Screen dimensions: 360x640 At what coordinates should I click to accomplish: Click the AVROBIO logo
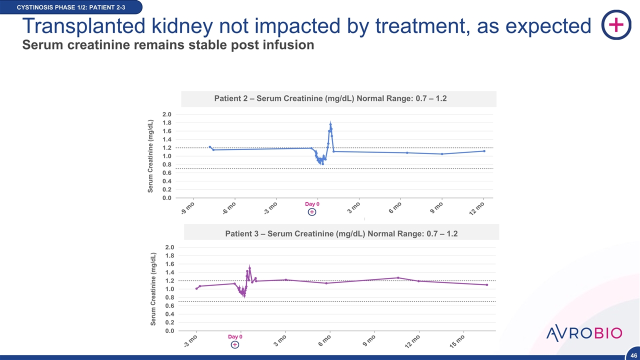pyautogui.click(x=584, y=333)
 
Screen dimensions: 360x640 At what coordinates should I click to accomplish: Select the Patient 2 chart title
pyautogui.click(x=330, y=98)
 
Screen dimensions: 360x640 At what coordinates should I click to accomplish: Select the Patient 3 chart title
pyautogui.click(x=341, y=233)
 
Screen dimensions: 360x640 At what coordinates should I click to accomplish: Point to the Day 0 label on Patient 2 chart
pyautogui.click(x=312, y=204)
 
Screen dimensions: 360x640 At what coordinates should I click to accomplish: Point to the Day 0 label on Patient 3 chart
pyautogui.click(x=235, y=337)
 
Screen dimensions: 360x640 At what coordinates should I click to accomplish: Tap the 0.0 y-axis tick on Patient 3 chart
pyautogui.click(x=170, y=330)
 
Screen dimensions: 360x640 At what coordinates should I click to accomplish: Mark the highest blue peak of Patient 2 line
pyautogui.click(x=330, y=124)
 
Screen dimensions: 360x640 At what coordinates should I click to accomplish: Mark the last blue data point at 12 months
pyautogui.click(x=484, y=151)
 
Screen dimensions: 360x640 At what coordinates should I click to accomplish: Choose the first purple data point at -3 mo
pyautogui.click(x=196, y=288)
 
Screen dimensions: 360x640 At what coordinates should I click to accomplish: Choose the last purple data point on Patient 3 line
pyautogui.click(x=486, y=285)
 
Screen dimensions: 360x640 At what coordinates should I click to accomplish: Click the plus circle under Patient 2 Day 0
pyautogui.click(x=311, y=212)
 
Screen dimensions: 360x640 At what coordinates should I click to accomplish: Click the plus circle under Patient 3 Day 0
pyautogui.click(x=235, y=344)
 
